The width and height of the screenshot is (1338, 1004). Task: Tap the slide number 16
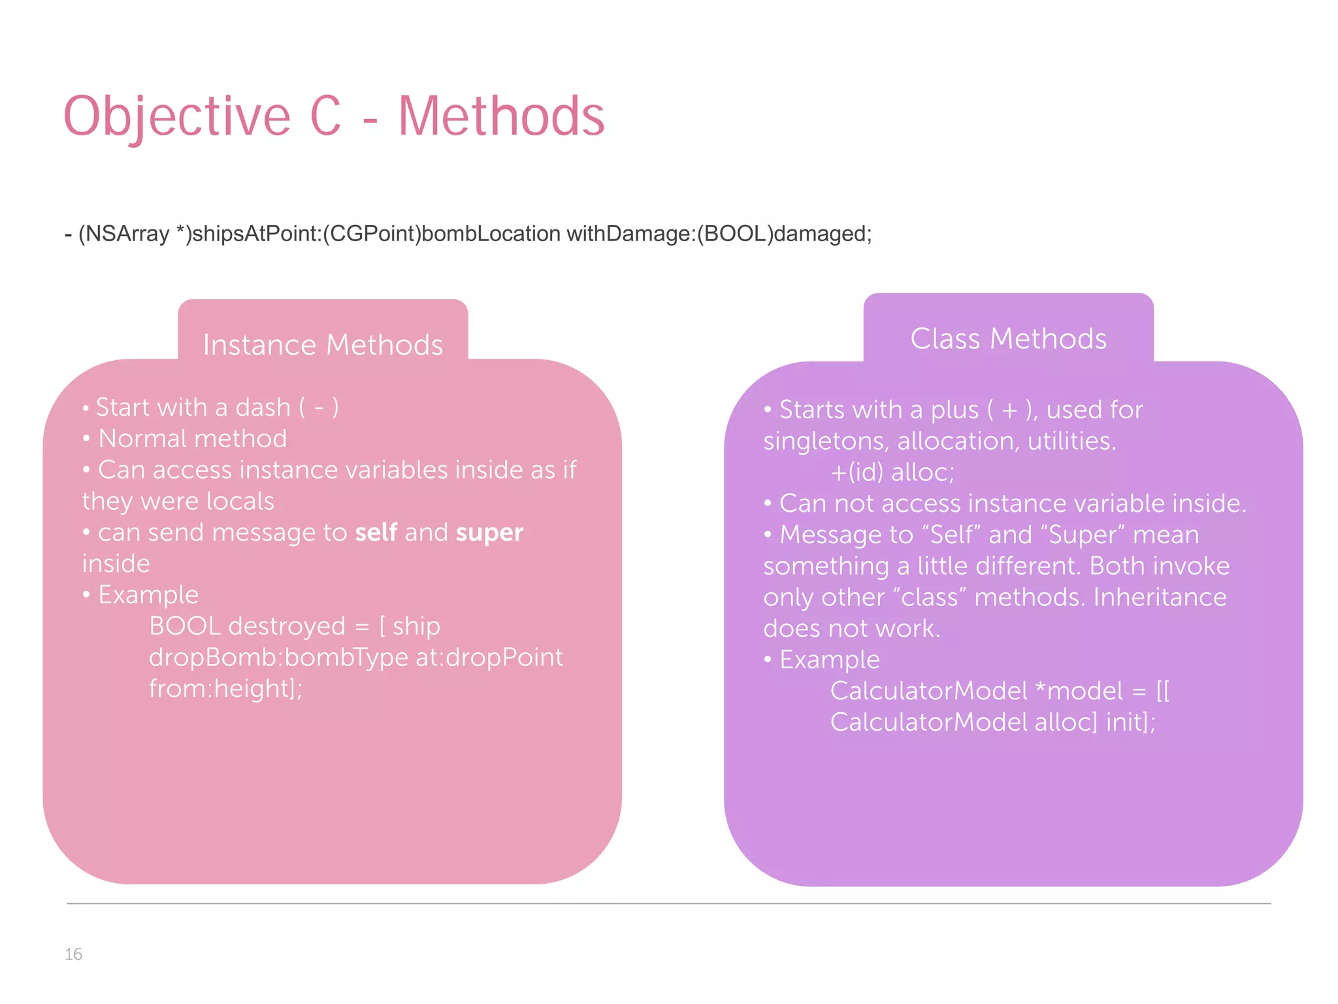[73, 954]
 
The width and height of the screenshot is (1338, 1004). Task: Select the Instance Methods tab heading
[323, 344]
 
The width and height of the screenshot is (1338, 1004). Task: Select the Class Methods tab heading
[1008, 339]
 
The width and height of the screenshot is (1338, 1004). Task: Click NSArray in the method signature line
[127, 233]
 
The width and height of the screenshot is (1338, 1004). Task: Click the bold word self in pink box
[376, 533]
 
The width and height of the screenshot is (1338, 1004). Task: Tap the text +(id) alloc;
[892, 472]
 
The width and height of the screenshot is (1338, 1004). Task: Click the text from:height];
[225, 689]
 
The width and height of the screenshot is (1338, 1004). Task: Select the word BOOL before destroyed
[185, 626]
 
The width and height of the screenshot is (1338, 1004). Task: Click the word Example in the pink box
[148, 595]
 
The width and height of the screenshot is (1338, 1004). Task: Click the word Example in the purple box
[829, 660]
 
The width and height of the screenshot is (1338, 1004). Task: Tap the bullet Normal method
[192, 439]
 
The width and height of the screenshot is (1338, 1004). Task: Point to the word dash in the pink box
[263, 407]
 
